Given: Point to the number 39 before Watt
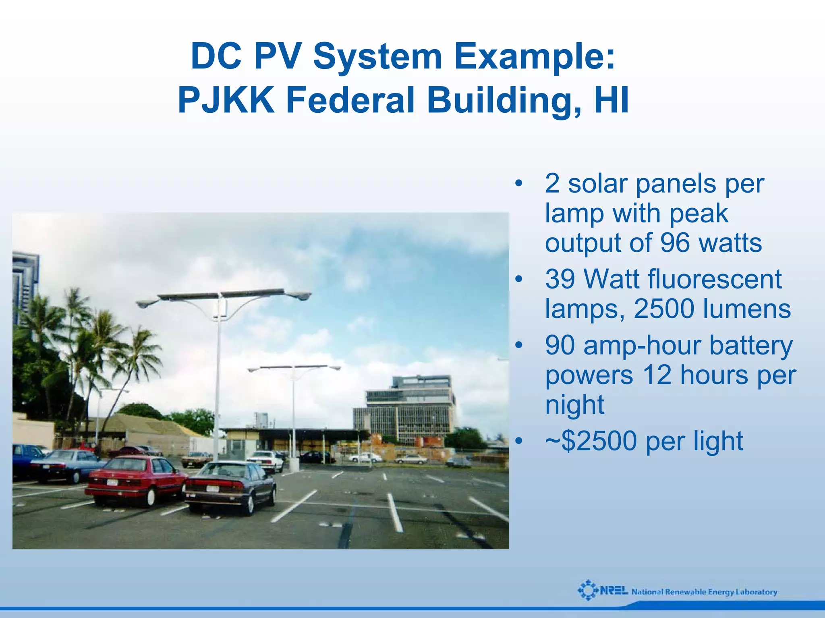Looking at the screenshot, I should [x=560, y=279].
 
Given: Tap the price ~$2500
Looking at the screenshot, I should [x=591, y=441].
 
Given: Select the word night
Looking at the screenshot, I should [x=574, y=404].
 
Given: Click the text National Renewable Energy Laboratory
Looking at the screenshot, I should [x=704, y=592].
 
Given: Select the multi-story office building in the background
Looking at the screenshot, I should [x=409, y=409].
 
